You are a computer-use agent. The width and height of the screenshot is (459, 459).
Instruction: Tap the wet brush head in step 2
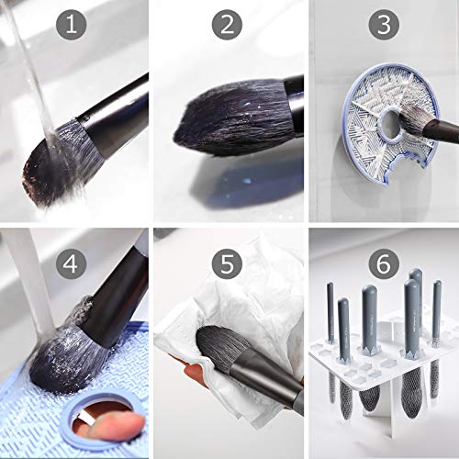[x=220, y=119]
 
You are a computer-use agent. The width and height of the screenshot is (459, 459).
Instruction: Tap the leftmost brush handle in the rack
[x=330, y=312]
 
